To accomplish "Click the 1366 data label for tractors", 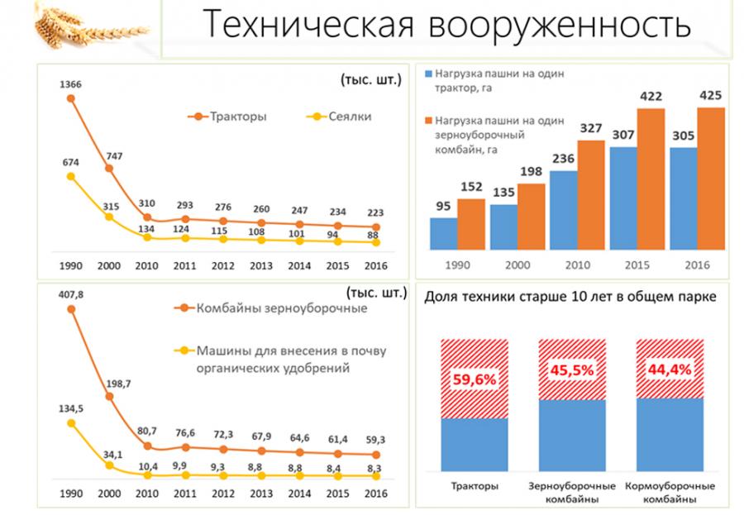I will coord(70,84).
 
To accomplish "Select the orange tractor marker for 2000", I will coord(108,168).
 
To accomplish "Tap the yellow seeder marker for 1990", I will coord(71,176).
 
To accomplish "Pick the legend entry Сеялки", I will coord(348,117).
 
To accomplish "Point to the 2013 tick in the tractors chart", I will coord(260,265).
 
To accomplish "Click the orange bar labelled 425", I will coord(711,178).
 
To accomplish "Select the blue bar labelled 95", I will coord(443,232).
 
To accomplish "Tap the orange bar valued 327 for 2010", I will coord(591,194).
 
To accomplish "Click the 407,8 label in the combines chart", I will coord(71,294).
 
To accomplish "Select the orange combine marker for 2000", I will coord(108,397).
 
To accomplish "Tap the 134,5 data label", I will coord(71,408).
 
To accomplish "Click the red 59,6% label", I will coord(475,379).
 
